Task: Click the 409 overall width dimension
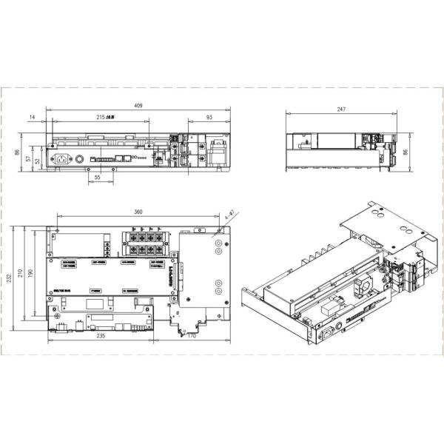[x=138, y=106]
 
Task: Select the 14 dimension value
[x=33, y=118]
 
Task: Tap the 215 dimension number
[x=107, y=118]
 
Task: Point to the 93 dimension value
[x=209, y=118]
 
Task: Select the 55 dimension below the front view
[x=98, y=178]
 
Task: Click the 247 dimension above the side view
[x=340, y=110]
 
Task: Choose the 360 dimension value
[x=138, y=212]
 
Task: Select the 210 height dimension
[x=20, y=275]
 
